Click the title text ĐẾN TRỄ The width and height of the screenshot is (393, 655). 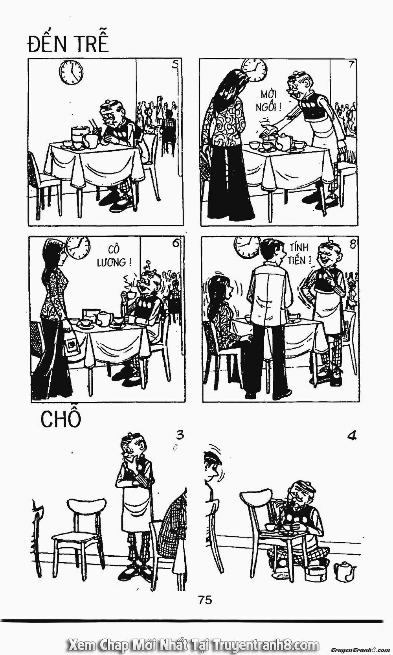tap(68, 44)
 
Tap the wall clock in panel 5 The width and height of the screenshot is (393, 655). tap(72, 72)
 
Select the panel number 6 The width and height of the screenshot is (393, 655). tap(175, 243)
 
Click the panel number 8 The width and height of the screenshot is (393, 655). tap(353, 244)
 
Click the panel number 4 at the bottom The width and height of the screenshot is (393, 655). tap(352, 436)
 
